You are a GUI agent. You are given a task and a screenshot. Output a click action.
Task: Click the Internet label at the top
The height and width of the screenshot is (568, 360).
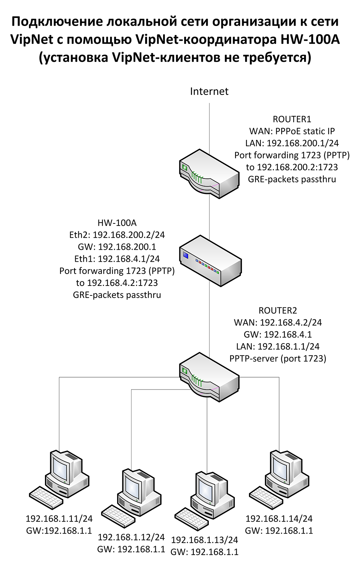pos(209,91)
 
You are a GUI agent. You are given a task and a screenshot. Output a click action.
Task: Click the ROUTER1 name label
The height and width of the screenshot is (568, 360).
pos(292,119)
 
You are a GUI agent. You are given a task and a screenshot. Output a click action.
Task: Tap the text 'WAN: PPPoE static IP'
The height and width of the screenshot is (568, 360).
pos(292,131)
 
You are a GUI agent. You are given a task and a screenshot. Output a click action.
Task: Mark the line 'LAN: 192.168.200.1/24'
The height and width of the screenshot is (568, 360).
pos(292,143)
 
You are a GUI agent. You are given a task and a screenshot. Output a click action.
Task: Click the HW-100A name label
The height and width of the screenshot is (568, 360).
pos(117,223)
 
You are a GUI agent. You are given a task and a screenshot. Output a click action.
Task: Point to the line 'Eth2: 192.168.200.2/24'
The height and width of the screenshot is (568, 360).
pos(117,235)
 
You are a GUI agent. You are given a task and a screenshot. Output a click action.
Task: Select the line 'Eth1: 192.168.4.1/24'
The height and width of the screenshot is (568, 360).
pos(117,259)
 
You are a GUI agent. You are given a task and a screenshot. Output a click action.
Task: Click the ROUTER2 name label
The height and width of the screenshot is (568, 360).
pos(278,311)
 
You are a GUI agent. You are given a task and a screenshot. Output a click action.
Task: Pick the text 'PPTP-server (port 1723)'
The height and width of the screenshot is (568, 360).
pos(278,359)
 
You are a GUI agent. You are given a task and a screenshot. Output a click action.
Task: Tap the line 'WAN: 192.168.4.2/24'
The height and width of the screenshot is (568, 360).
pos(278,322)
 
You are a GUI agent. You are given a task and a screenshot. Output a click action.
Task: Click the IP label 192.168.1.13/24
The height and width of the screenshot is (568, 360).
pos(205,540)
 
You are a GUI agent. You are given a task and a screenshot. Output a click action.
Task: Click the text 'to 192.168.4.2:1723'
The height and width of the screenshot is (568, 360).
pos(117,283)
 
